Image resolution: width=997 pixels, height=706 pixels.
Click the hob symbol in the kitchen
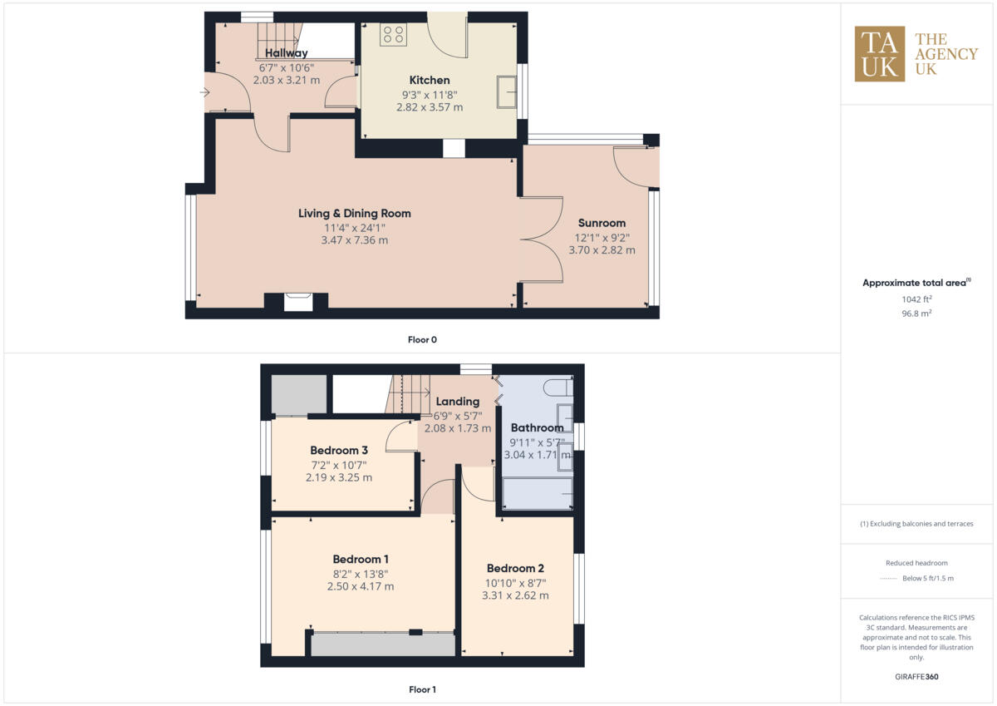pyautogui.click(x=393, y=34)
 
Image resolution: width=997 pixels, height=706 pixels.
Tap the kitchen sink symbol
pyautogui.click(x=505, y=91)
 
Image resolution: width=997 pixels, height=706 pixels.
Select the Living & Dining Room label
pyautogui.click(x=355, y=214)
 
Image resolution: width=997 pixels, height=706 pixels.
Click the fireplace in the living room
pyautogui.click(x=297, y=302)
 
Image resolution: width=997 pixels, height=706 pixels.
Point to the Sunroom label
pyautogui.click(x=602, y=223)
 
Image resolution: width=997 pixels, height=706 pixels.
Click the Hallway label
pyautogui.click(x=280, y=53)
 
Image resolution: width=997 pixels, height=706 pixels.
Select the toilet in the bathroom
pyautogui.click(x=557, y=388)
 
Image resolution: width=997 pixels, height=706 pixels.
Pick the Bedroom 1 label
pyautogui.click(x=361, y=559)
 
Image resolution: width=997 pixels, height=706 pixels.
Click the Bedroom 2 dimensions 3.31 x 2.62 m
pyautogui.click(x=515, y=595)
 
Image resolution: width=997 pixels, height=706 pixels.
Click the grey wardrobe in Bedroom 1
pyautogui.click(x=382, y=644)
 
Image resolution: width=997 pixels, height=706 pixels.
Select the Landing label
pyautogui.click(x=457, y=402)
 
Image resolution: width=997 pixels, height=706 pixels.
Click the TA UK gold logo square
pyautogui.click(x=880, y=54)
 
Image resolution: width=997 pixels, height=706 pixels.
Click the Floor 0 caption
pyautogui.click(x=422, y=339)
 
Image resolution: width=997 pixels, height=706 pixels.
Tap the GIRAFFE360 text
pyautogui.click(x=917, y=677)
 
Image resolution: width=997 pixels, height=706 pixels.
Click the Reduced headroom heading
pyautogui.click(x=916, y=563)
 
